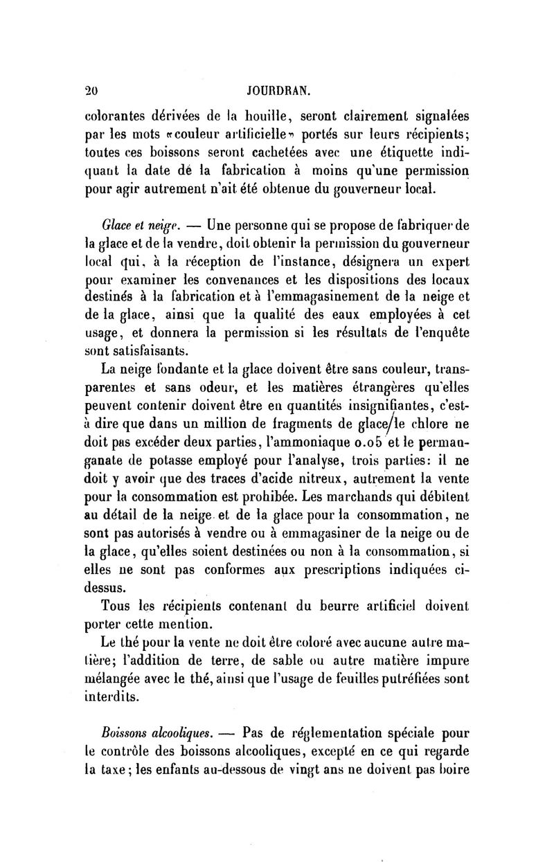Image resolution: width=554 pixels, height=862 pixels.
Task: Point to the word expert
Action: coord(447,260)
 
